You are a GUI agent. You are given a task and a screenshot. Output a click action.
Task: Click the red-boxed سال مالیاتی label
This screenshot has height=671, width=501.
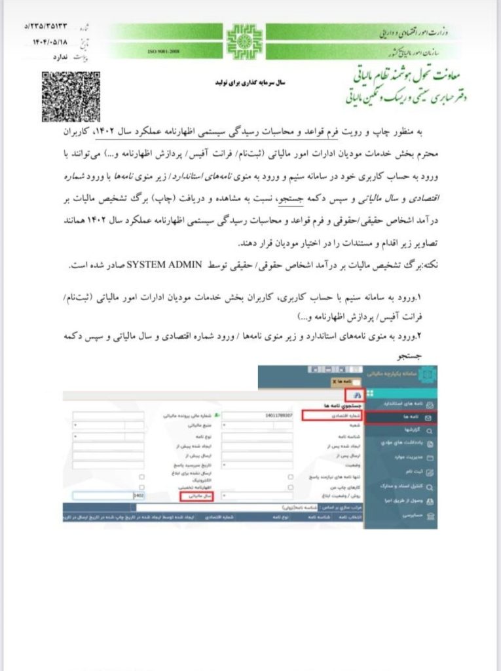pos(196,497)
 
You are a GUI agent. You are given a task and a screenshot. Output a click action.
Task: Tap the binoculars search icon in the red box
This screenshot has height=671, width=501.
pos(356,396)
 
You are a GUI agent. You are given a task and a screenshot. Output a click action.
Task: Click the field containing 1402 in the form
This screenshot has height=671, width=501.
pos(105,497)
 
